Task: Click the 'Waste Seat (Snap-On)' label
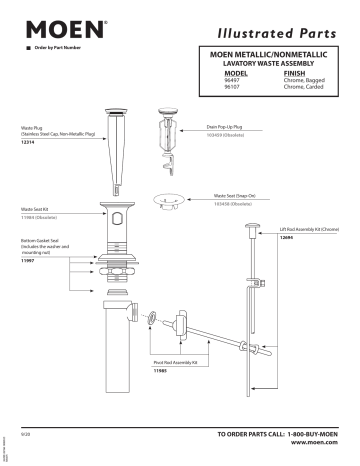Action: click(235, 196)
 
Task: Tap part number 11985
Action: click(159, 370)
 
